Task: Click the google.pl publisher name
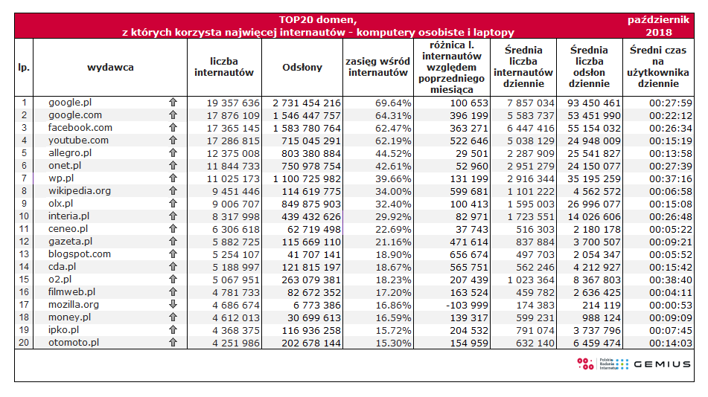tap(69, 103)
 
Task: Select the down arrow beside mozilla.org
tap(173, 305)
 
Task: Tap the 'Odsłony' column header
tap(302, 68)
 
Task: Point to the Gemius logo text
tap(663, 364)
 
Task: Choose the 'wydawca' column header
tap(110, 68)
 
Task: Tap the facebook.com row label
tap(80, 128)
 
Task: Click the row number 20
tap(24, 343)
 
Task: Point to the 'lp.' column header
tap(24, 68)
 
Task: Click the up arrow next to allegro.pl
tap(173, 153)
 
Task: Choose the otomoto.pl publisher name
tap(73, 343)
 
